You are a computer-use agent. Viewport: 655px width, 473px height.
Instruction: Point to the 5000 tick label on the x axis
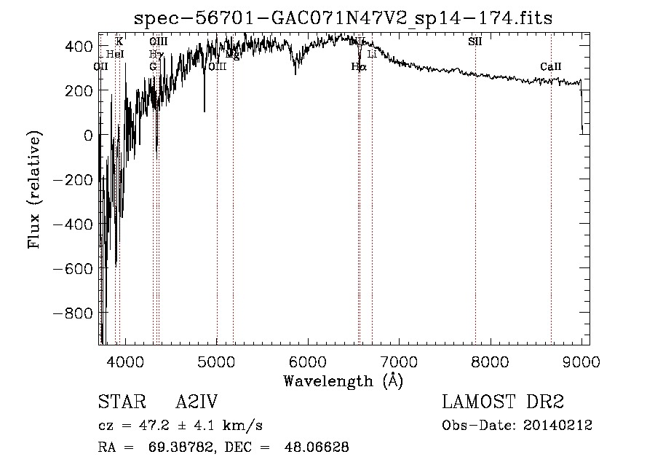(217, 361)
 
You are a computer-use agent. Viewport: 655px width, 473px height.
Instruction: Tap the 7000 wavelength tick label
(400, 361)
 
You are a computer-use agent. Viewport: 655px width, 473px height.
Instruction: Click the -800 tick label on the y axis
(76, 313)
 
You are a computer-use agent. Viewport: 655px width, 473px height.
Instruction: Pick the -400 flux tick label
(76, 224)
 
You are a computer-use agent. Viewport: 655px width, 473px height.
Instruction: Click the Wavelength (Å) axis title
(343, 380)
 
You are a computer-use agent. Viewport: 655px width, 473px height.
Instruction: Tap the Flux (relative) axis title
(34, 189)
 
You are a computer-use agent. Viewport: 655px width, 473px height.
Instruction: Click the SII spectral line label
(475, 42)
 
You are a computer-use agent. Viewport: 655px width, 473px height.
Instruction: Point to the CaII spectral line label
(550, 68)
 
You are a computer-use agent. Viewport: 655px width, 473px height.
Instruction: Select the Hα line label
(358, 67)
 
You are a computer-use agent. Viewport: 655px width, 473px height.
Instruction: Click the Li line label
(372, 55)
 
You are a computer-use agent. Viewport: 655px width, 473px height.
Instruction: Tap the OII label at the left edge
(101, 67)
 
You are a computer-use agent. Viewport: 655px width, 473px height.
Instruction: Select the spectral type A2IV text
(196, 402)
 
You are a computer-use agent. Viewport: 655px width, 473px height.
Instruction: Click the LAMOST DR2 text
(503, 402)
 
